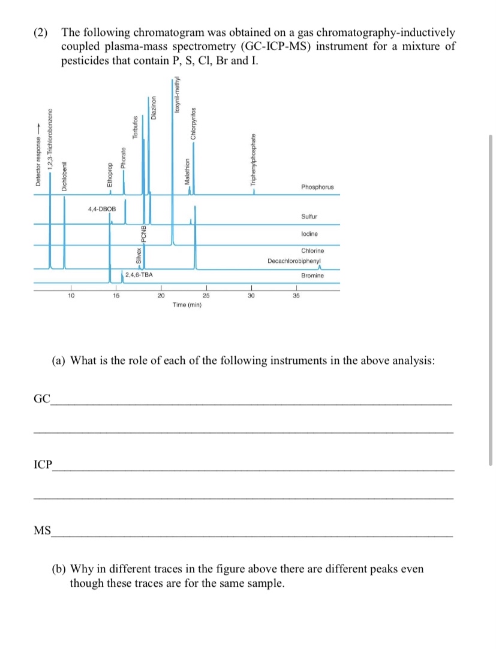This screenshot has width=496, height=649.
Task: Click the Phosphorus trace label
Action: click(317, 187)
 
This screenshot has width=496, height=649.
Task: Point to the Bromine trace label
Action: click(312, 275)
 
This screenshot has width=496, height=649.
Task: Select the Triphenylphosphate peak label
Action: click(254, 159)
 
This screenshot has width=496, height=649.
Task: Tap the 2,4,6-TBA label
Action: click(139, 275)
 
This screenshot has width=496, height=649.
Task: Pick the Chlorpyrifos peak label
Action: click(193, 124)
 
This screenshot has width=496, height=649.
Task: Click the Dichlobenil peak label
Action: click(65, 177)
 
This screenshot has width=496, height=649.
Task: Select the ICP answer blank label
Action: click(43, 464)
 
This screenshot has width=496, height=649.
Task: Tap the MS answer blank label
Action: click(42, 530)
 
